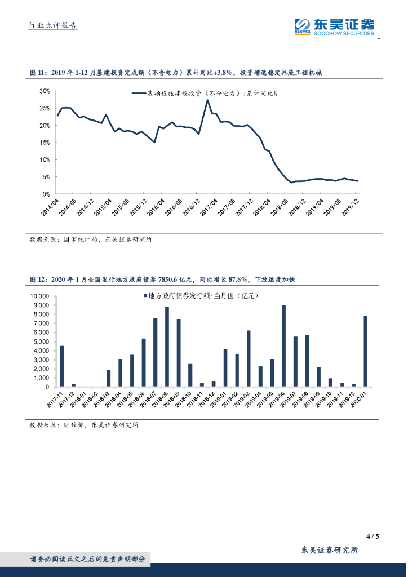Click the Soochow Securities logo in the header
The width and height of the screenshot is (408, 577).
pos(334,26)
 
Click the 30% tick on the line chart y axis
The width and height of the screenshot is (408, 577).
pos(45,91)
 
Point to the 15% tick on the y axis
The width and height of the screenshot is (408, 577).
pos(45,143)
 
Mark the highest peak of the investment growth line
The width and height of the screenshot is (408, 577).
pos(207,100)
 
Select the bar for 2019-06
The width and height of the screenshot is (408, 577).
pos(283,346)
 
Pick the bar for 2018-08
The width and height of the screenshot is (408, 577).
pos(167,347)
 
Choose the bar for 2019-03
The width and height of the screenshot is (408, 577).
pos(249,358)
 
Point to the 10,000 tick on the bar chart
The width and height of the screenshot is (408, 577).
pos(39,296)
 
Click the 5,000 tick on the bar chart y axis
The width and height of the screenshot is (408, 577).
pos(41,341)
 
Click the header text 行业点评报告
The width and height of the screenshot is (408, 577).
pos(52,25)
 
